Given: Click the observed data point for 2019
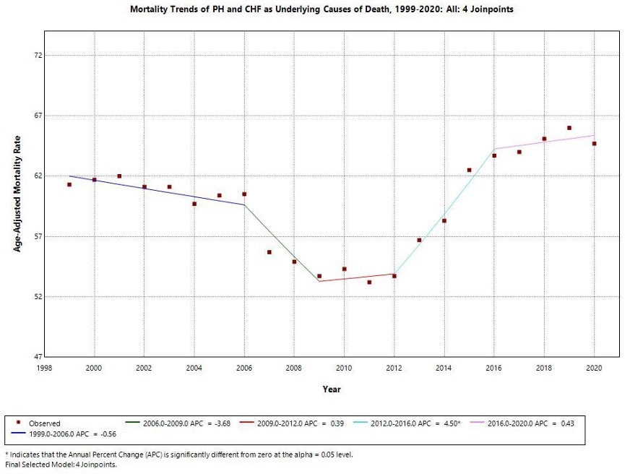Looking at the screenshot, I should coord(569,128).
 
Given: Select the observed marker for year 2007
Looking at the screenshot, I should coord(269,252).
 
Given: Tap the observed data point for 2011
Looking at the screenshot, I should coord(369,282).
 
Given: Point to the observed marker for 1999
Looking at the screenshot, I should coord(69,184).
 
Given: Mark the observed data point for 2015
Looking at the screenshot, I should coord(469,170).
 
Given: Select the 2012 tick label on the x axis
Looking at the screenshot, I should coord(394,368).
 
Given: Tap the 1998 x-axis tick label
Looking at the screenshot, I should coord(44,368).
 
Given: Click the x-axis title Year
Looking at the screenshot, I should coord(332,389).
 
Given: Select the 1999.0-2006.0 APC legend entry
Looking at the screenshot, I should coord(72,434).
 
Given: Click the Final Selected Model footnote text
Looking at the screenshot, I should coord(61,465).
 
